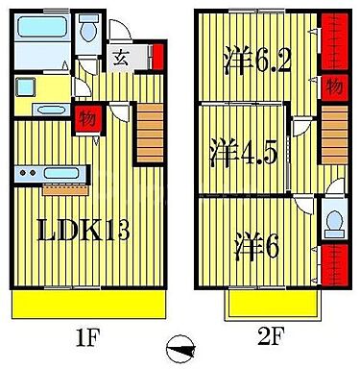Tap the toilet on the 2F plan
click(x=331, y=223)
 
